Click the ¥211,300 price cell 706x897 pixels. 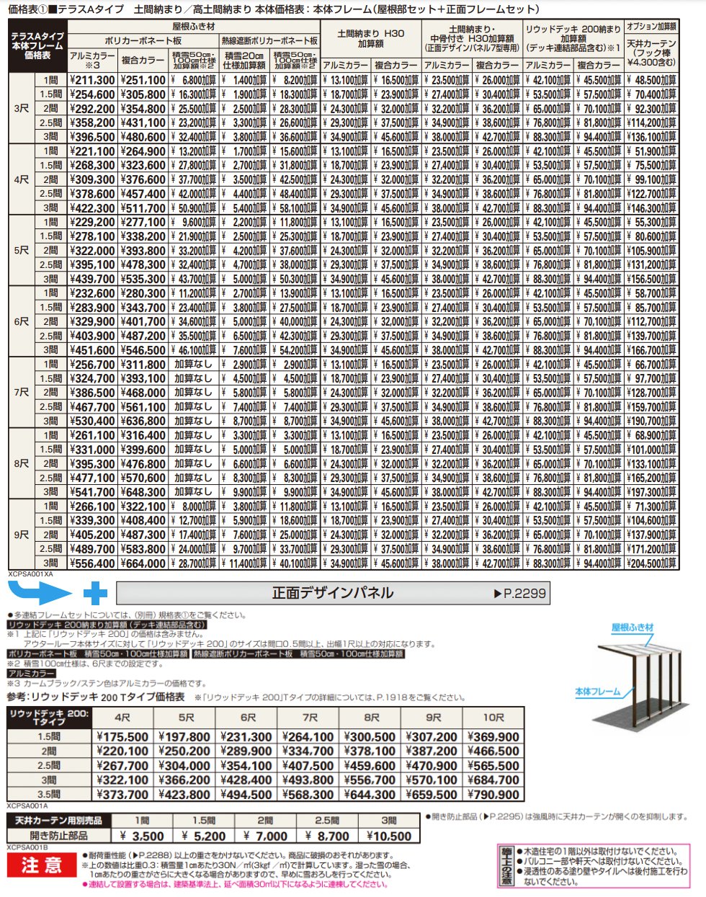click(93, 81)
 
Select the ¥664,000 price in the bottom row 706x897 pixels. click(143, 563)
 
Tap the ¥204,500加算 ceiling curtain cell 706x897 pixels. click(651, 563)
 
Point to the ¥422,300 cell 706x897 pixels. click(93, 208)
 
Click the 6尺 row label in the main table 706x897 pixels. click(22, 321)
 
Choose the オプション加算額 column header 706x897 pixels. click(651, 27)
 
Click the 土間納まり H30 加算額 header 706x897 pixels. click(370, 38)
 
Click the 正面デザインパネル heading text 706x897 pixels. click(332, 593)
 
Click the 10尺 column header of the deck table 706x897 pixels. click(493, 718)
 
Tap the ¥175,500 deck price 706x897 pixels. click(122, 737)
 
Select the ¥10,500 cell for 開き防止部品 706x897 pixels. click(389, 836)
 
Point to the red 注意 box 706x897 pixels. click(42, 865)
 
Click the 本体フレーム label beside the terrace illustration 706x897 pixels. click(597, 692)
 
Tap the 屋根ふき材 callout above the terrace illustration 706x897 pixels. click(632, 628)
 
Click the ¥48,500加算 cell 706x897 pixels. click(651, 81)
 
